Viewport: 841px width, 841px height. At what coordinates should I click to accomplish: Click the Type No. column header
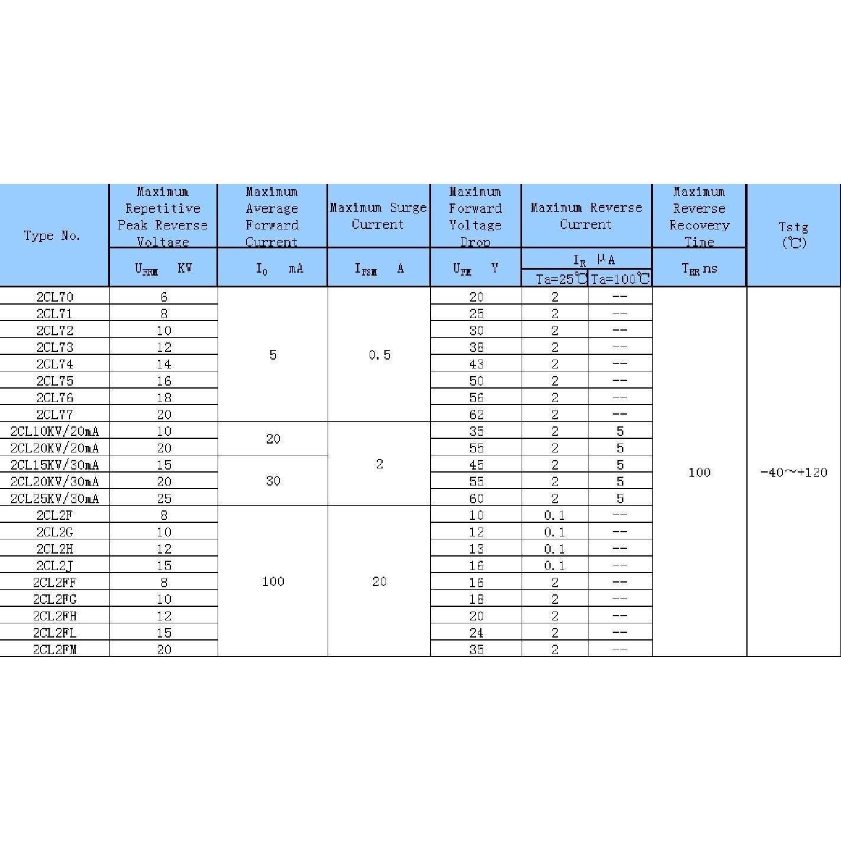pyautogui.click(x=52, y=235)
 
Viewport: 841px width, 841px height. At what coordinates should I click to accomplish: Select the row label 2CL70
pyautogui.click(x=54, y=296)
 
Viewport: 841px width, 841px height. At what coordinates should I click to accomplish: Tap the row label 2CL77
pyautogui.click(x=54, y=414)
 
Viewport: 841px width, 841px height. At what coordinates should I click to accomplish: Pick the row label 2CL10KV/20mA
pyautogui.click(x=54, y=431)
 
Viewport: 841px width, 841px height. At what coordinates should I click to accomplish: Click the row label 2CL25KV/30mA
pyautogui.click(x=54, y=498)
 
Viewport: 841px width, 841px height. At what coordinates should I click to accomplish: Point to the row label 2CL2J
pyautogui.click(x=54, y=565)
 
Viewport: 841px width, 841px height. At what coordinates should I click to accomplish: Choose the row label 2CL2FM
pyautogui.click(x=54, y=649)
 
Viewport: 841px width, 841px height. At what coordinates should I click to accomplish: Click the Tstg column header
pyautogui.click(x=793, y=235)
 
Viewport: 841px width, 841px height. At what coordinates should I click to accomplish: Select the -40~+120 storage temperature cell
pyautogui.click(x=793, y=472)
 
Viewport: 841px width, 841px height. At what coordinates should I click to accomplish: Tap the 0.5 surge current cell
pyautogui.click(x=379, y=355)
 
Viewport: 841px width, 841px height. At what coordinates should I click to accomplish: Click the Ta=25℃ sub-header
pyautogui.click(x=555, y=279)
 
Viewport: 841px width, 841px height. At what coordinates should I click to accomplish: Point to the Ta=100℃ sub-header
pyautogui.click(x=620, y=279)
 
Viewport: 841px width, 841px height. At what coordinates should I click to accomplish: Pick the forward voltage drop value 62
pyautogui.click(x=476, y=414)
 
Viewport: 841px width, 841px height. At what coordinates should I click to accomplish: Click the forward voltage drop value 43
pyautogui.click(x=476, y=364)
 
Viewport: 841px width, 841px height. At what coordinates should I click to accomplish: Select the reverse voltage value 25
pyautogui.click(x=164, y=498)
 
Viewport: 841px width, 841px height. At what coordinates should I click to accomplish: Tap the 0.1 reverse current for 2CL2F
pyautogui.click(x=554, y=515)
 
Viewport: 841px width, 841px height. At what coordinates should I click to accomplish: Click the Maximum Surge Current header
pyautogui.click(x=378, y=216)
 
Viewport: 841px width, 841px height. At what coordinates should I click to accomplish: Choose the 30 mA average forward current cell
pyautogui.click(x=273, y=481)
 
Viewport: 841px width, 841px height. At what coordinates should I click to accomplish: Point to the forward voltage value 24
pyautogui.click(x=476, y=632)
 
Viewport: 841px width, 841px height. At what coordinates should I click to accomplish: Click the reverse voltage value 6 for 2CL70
pyautogui.click(x=164, y=296)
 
